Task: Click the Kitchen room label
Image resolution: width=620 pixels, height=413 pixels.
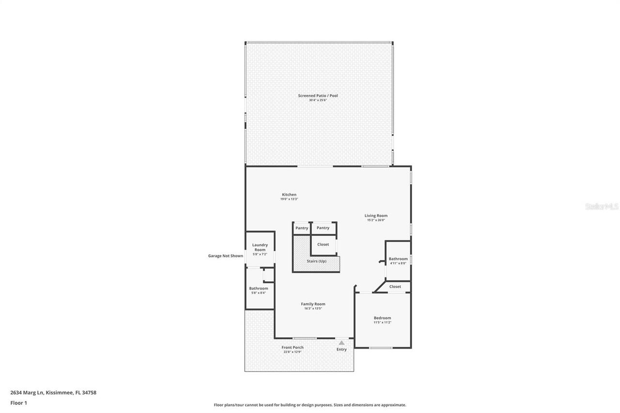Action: [289, 195]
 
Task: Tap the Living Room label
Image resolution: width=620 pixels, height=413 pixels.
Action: [376, 215]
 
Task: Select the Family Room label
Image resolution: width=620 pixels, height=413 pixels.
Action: [313, 304]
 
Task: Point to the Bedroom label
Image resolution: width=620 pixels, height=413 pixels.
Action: [382, 318]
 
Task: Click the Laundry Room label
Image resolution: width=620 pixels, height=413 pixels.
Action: [260, 247]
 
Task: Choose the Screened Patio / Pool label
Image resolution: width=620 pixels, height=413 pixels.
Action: [318, 95]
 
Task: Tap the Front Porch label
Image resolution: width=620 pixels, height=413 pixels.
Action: [293, 347]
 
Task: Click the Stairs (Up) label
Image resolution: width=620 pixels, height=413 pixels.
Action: [316, 261]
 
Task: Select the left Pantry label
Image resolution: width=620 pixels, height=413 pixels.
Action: [302, 228]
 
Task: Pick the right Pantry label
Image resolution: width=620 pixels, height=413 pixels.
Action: [323, 228]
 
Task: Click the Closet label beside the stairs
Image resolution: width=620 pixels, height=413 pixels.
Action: [323, 244]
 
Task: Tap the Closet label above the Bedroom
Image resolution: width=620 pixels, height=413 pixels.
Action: [395, 287]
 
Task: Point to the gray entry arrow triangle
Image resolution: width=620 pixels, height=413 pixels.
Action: [341, 343]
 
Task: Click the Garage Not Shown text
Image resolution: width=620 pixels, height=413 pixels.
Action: [226, 256]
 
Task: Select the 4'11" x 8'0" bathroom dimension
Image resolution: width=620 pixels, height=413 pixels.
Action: [398, 263]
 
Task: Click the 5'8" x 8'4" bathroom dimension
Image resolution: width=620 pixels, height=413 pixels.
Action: [259, 292]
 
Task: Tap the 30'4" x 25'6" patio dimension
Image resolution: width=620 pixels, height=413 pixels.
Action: [318, 100]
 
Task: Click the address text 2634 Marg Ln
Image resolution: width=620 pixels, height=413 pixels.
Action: [27, 393]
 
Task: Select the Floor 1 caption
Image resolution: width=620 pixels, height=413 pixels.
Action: [18, 403]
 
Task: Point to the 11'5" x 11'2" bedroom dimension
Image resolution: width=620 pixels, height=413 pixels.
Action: [382, 322]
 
